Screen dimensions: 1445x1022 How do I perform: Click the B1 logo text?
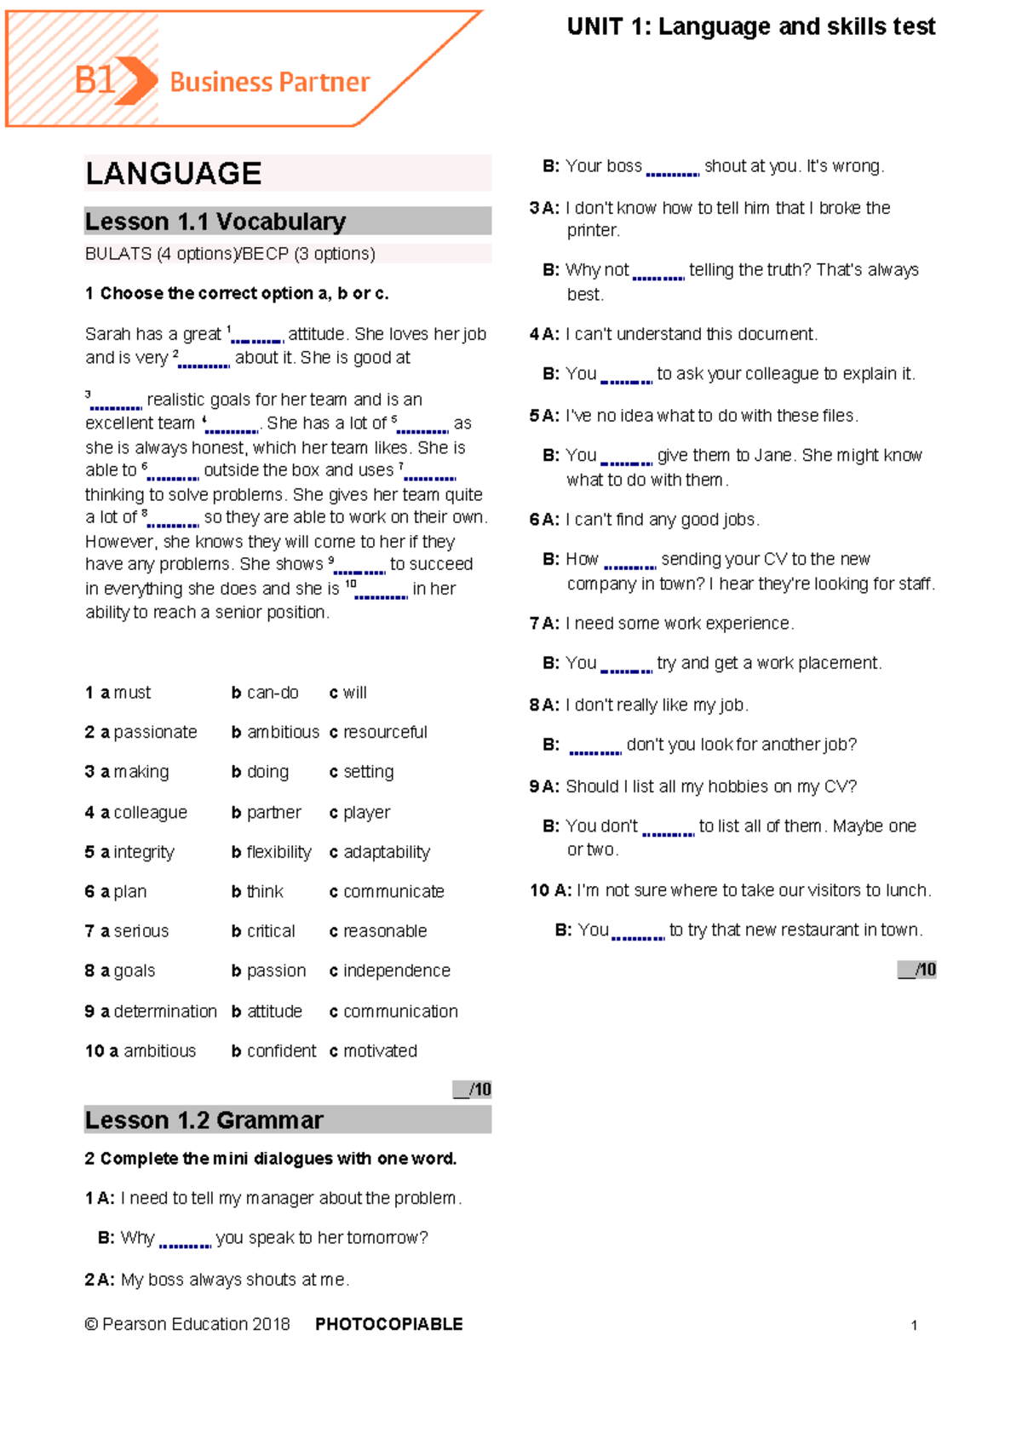coord(94,81)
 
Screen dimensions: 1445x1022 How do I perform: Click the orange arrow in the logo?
coord(137,81)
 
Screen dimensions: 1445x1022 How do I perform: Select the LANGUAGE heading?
coord(174,174)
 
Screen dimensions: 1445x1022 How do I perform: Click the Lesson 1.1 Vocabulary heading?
coord(215,222)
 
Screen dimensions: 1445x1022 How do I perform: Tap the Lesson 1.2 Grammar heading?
coord(204,1120)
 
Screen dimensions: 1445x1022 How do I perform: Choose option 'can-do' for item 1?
coord(272,693)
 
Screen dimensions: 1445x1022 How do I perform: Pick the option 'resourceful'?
coord(384,732)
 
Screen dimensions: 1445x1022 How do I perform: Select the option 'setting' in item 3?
coord(368,772)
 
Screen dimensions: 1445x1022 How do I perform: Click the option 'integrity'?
coord(143,852)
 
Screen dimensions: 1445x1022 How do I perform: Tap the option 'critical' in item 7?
coord(270,931)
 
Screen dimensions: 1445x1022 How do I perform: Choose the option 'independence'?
coord(396,970)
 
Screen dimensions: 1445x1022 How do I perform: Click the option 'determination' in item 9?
coord(164,1011)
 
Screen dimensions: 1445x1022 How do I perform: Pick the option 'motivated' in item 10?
coord(380,1051)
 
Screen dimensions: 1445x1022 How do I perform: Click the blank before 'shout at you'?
coord(672,170)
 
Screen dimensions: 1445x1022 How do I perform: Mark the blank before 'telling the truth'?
coord(658,274)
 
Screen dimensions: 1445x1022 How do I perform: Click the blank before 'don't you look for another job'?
coord(594,750)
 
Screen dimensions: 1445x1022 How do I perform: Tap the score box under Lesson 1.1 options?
coord(472,1089)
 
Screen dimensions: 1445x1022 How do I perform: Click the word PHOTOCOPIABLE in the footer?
coord(388,1324)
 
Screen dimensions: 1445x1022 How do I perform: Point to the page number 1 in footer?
coord(914,1325)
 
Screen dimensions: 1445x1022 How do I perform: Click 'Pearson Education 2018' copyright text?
coord(195,1324)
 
